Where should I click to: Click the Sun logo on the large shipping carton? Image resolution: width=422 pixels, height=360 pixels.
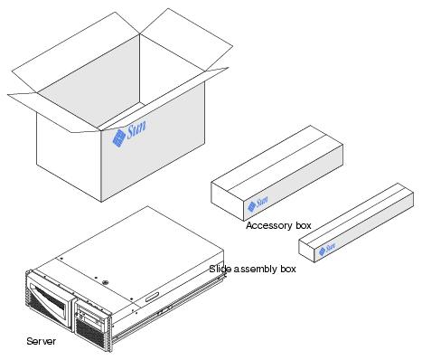coord(129,134)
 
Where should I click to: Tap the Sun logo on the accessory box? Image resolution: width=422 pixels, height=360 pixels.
coord(258,204)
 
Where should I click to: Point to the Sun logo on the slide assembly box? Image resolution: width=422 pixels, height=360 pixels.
coord(327,249)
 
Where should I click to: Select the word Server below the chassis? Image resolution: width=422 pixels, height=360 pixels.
coord(41,341)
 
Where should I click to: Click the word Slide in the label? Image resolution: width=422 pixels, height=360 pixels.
coord(218,269)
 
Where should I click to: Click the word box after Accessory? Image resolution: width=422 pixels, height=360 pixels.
coord(303,225)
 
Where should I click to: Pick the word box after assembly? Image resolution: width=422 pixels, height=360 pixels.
coord(288,269)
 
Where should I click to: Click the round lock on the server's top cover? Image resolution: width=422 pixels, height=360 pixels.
coord(105,283)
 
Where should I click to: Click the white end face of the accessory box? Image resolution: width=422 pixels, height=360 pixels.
coord(228,201)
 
